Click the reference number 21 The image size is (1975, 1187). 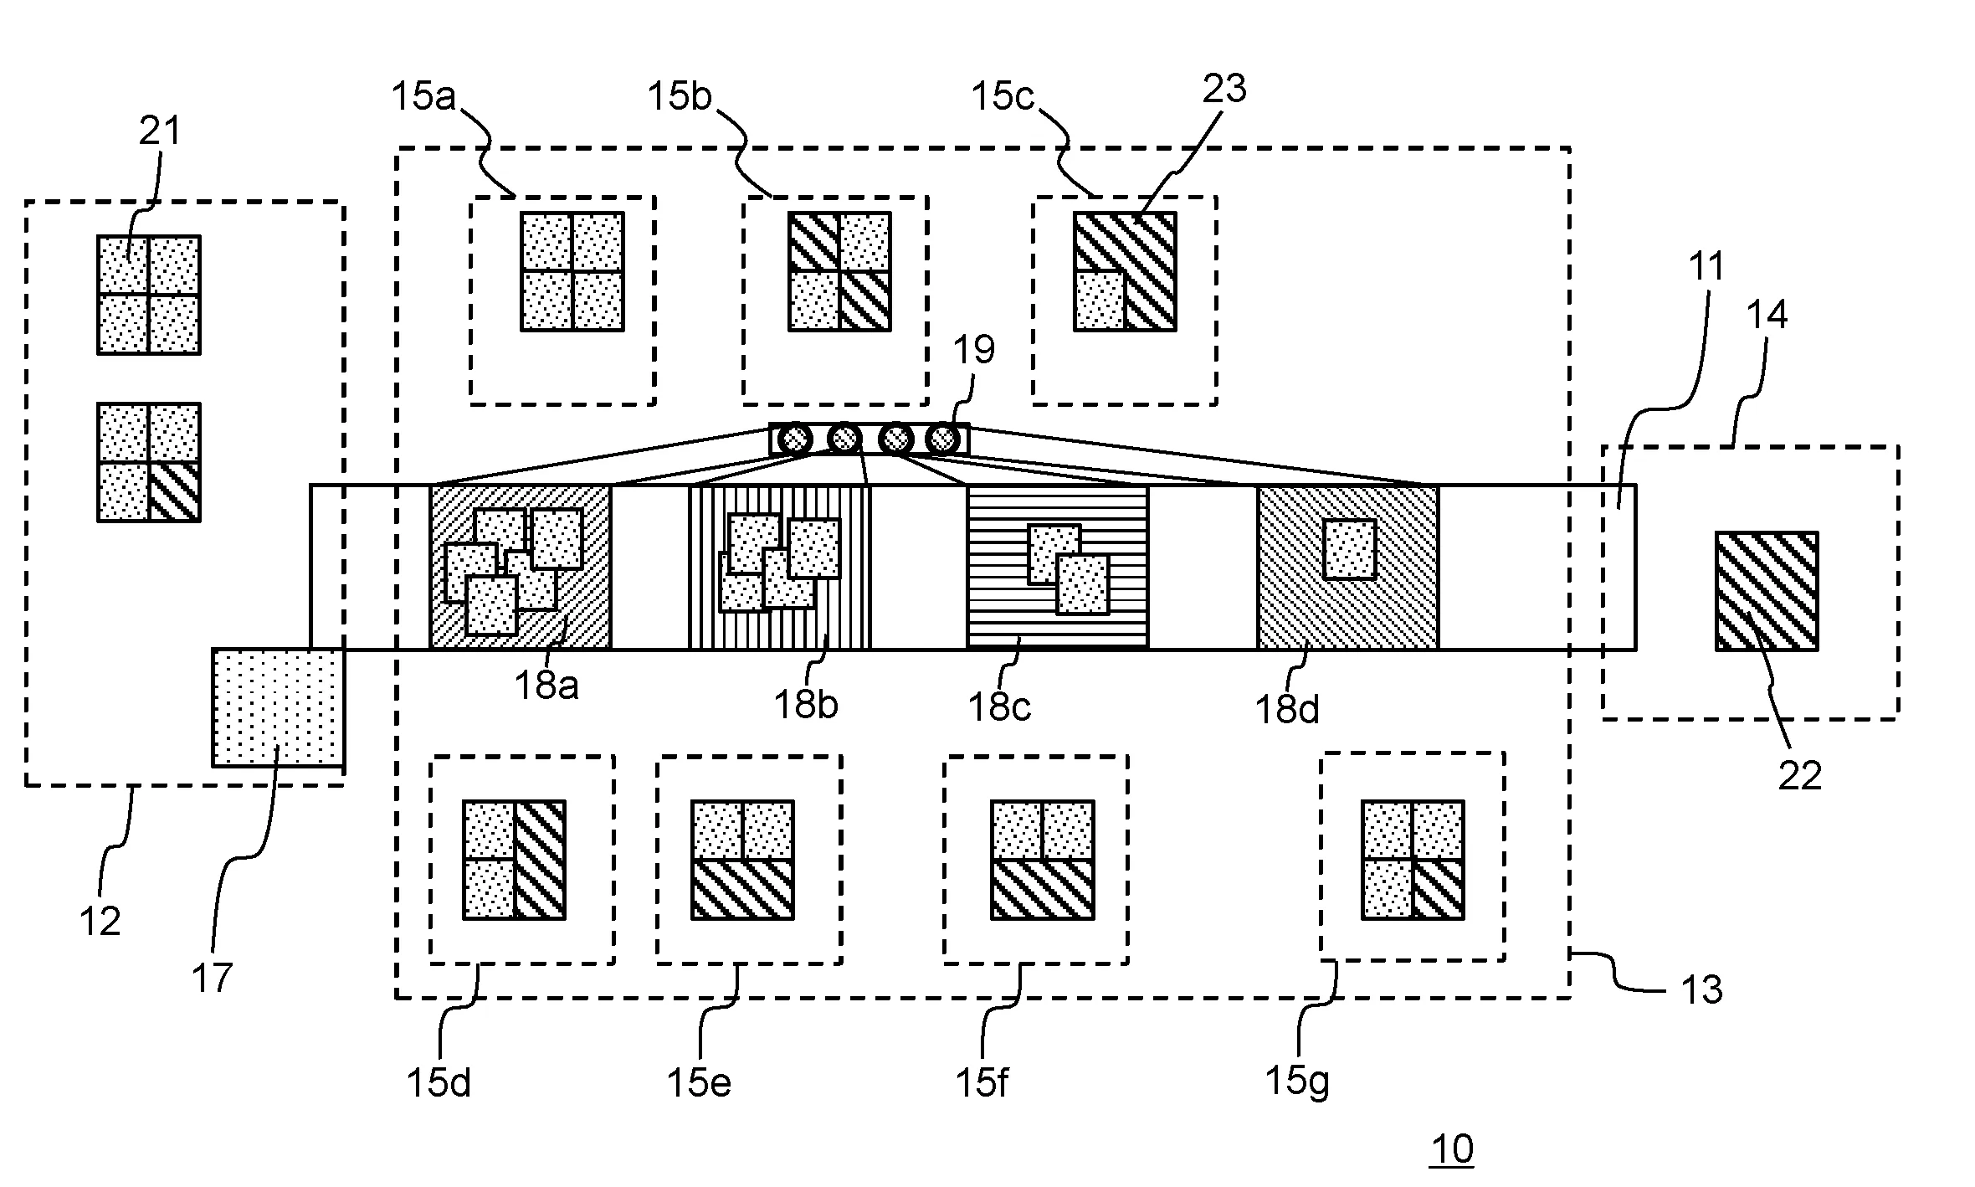159,131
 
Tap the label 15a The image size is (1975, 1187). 423,97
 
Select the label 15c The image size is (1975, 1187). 1003,97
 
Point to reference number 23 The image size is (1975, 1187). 1224,89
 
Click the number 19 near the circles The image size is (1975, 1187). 973,350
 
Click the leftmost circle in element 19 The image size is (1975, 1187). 794,439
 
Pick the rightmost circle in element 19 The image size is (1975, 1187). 942,439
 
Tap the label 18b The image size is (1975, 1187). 805,705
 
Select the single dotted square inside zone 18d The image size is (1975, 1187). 1349,549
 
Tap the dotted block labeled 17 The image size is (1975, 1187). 278,707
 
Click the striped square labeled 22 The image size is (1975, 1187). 1766,591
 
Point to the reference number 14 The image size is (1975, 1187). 1767,316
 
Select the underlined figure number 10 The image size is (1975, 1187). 1451,1149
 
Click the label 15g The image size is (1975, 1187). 1296,1081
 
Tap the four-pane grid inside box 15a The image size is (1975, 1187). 572,271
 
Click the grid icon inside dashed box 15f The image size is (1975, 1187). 1042,860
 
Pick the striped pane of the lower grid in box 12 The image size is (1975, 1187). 174,491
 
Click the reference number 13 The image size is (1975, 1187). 1701,990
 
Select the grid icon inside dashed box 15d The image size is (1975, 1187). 514,860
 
